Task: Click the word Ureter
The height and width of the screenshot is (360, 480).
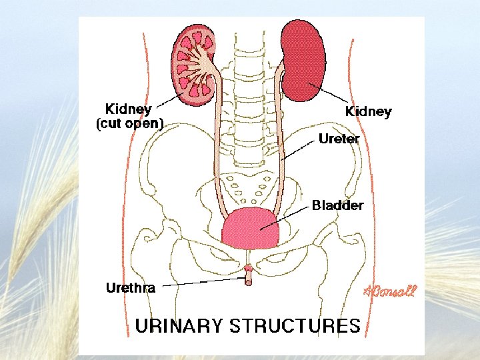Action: pyautogui.click(x=339, y=139)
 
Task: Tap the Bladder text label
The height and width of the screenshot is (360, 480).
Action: pyautogui.click(x=338, y=205)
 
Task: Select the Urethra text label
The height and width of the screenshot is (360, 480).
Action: pyautogui.click(x=131, y=288)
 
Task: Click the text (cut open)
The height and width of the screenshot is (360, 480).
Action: pyautogui.click(x=130, y=123)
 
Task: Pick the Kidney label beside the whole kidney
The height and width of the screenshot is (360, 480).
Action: pyautogui.click(x=368, y=111)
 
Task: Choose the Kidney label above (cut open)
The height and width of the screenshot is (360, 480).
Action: pyautogui.click(x=129, y=109)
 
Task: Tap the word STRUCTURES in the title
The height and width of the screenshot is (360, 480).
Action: pyautogui.click(x=295, y=326)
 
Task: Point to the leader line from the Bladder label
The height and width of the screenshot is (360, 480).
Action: pyautogui.click(x=287, y=217)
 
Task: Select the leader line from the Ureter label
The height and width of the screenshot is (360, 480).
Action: pyautogui.click(x=298, y=151)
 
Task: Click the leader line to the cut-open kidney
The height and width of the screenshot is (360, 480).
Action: pyautogui.click(x=172, y=101)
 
